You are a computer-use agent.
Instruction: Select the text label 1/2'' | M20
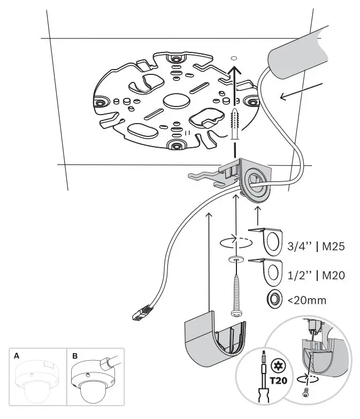(316, 276)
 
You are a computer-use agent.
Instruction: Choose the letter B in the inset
(75, 355)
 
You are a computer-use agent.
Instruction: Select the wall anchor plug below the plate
(234, 125)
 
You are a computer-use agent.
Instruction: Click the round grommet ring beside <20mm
(273, 300)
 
